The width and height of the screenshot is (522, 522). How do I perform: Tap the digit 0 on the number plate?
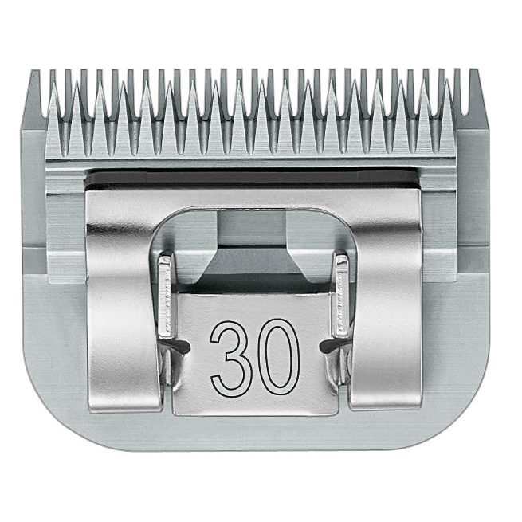(x=279, y=357)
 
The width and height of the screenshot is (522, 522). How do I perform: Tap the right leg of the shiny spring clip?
(x=387, y=316)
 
